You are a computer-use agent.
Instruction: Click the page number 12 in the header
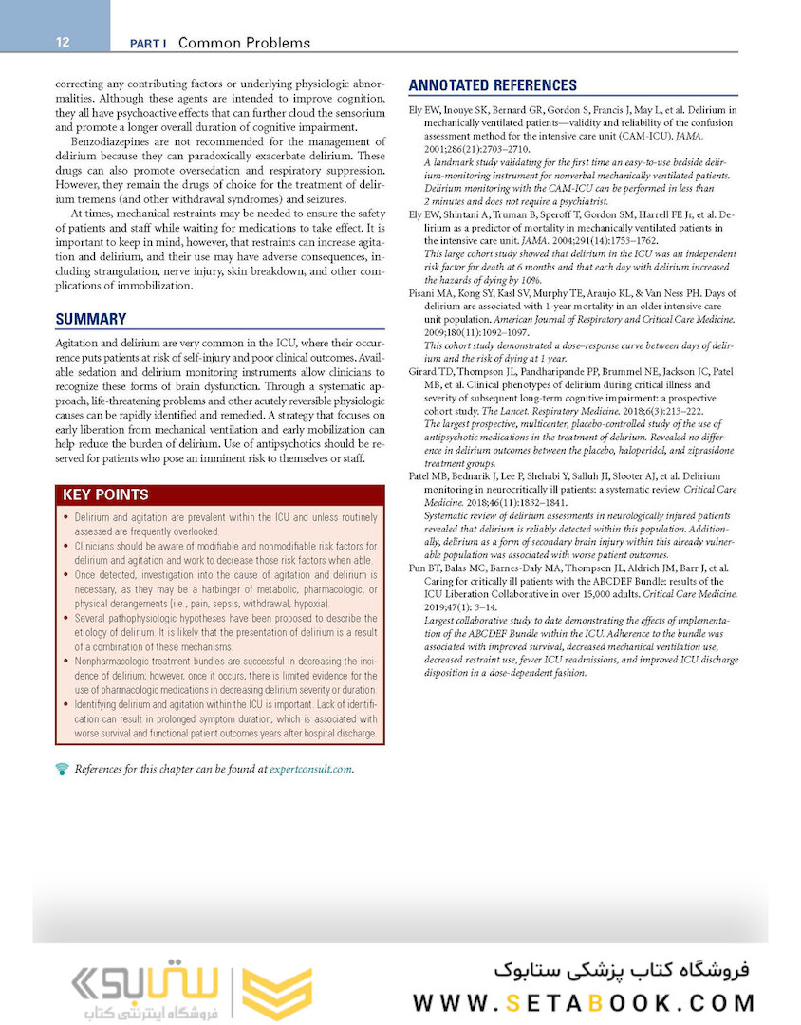(62, 43)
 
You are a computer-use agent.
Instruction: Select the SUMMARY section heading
(90, 320)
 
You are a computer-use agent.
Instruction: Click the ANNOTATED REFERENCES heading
(492, 85)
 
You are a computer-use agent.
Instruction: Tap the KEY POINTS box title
(105, 494)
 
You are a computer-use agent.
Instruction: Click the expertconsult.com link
(310, 769)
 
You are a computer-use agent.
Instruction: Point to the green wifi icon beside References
(63, 769)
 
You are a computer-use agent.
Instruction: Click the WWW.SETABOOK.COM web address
(584, 1003)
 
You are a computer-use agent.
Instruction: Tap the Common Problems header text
(244, 43)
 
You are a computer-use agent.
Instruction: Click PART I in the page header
(148, 43)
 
